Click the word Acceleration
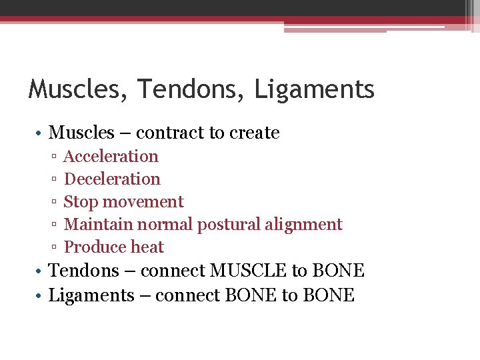(x=111, y=157)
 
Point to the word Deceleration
(x=112, y=179)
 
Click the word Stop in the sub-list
(x=78, y=202)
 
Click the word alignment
(x=303, y=225)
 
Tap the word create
(x=254, y=133)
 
